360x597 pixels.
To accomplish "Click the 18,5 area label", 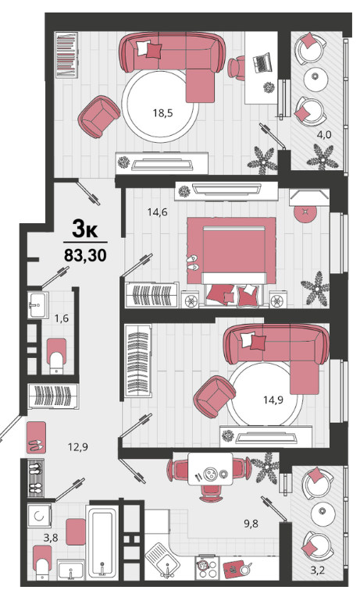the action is [x=162, y=113].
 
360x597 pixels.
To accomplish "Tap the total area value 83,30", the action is [x=85, y=255].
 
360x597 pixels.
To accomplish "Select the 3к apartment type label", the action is [x=85, y=229].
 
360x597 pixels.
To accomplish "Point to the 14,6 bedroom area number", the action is [x=157, y=211].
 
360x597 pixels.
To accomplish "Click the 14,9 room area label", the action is [x=273, y=400].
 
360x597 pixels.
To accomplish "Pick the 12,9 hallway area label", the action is [x=78, y=446].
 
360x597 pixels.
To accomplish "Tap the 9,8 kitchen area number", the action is [x=251, y=524].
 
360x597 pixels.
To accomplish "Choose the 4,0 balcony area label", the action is [x=324, y=134].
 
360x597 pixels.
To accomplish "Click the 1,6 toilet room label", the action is [x=62, y=318].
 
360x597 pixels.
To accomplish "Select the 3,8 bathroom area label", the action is [x=51, y=538].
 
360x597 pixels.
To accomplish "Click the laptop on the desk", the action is [x=262, y=63].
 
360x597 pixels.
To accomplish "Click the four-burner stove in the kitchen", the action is [x=206, y=568].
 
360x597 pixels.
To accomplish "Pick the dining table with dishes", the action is [x=210, y=469].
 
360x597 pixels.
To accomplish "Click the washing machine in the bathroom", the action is [x=39, y=516].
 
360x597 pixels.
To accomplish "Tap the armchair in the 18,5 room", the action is [x=98, y=116].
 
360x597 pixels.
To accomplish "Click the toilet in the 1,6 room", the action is [x=56, y=356].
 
